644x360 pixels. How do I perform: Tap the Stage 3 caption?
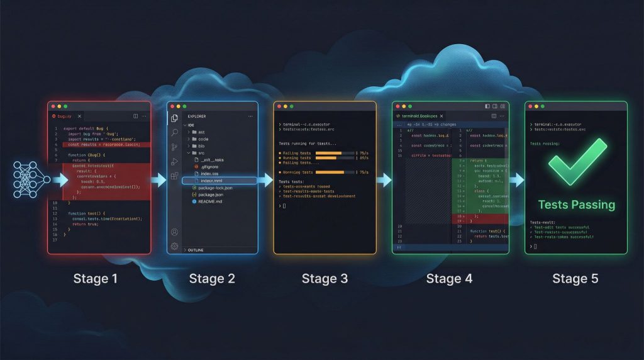click(x=325, y=278)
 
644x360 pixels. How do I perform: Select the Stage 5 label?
click(x=575, y=278)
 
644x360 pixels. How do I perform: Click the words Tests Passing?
click(x=576, y=205)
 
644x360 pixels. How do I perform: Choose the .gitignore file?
click(x=208, y=166)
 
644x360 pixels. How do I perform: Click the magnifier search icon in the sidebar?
click(x=174, y=133)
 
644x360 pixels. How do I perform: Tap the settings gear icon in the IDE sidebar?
click(x=174, y=246)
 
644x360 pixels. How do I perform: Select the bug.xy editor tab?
click(x=65, y=116)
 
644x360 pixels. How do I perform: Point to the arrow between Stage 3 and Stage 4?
click(x=384, y=181)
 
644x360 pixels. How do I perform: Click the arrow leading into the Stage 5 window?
click(x=516, y=181)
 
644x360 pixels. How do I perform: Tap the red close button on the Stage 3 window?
click(x=279, y=106)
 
